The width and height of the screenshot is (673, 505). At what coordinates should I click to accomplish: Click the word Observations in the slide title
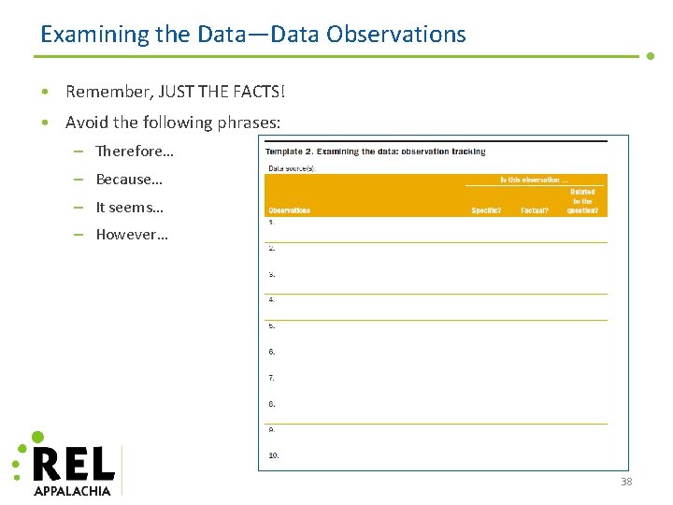[x=396, y=35]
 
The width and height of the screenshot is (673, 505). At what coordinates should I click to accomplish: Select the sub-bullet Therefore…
[x=135, y=151]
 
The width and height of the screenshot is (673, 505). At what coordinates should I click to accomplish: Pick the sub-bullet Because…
[x=129, y=179]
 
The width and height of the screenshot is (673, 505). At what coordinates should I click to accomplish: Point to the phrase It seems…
[x=129, y=207]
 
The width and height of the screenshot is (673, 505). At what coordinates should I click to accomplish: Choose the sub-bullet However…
[x=132, y=234]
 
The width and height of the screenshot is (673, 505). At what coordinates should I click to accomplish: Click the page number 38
[x=626, y=482]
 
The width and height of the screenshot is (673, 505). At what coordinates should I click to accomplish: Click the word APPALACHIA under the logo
[x=72, y=490]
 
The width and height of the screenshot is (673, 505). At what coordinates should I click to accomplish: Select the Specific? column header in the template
[x=486, y=210]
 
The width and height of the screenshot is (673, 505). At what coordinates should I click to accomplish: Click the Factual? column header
[x=535, y=210]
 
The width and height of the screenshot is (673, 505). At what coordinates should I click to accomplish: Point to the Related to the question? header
[x=583, y=201]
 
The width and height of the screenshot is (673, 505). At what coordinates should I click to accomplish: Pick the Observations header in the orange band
[x=289, y=210]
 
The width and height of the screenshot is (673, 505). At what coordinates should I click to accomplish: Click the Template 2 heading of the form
[x=375, y=151]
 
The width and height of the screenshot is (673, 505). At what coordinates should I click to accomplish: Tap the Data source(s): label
[x=291, y=168]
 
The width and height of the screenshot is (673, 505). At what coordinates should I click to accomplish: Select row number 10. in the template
[x=274, y=455]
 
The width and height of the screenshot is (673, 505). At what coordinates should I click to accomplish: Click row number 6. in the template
[x=272, y=352]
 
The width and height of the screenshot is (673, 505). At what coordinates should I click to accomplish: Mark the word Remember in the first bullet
[x=104, y=92]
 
